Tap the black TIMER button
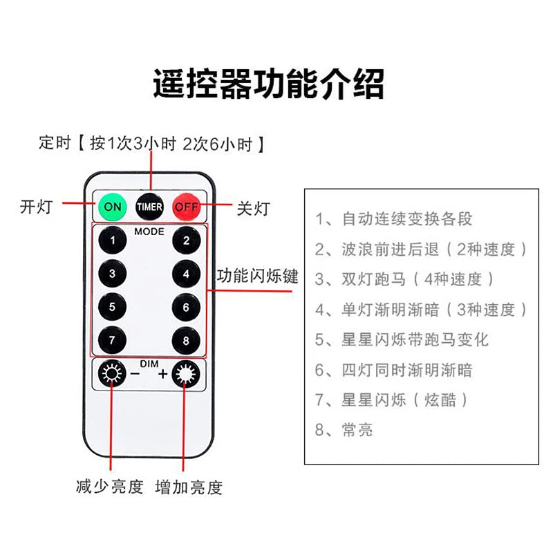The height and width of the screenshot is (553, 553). click(149, 206)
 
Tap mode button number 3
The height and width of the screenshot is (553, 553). click(112, 273)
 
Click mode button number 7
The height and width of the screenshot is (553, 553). click(112, 339)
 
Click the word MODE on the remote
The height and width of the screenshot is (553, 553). click(149, 232)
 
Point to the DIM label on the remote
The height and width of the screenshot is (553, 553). click(149, 364)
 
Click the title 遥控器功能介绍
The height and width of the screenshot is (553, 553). click(268, 84)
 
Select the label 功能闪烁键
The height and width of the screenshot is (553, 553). click(257, 276)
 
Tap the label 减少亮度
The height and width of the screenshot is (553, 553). click(109, 487)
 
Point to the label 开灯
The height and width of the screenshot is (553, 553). click(36, 207)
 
